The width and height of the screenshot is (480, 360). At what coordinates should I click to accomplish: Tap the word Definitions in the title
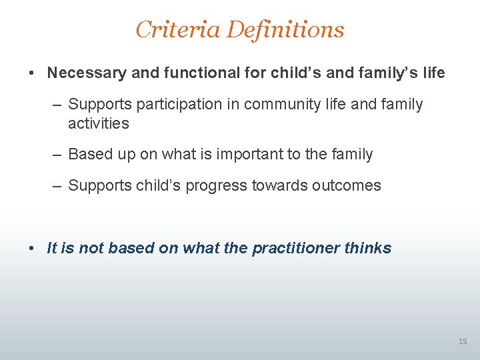click(285, 29)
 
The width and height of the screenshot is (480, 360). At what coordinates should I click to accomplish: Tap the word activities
click(98, 123)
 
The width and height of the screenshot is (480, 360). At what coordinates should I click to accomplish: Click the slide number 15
click(463, 342)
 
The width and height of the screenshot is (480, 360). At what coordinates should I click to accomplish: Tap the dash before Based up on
click(58, 155)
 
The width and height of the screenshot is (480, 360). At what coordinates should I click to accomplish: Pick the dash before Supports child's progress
click(58, 186)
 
